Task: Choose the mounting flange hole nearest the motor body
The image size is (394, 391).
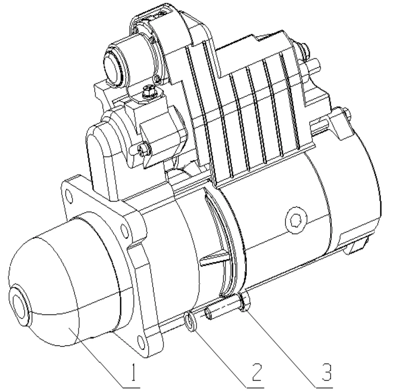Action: pyautogui.click(x=125, y=230)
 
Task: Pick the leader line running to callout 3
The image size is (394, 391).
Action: pyautogui.click(x=283, y=341)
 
